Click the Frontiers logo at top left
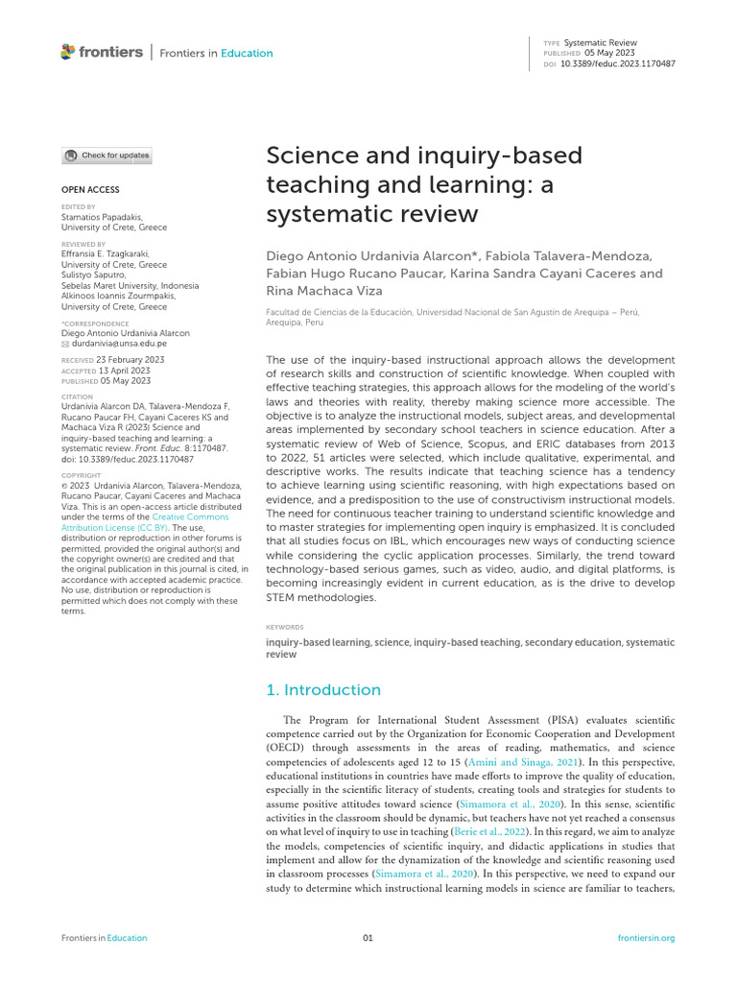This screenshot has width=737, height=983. pyautogui.click(x=101, y=52)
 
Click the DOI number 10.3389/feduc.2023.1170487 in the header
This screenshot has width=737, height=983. pyautogui.click(x=619, y=63)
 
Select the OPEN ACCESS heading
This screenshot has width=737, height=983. pyautogui.click(x=90, y=190)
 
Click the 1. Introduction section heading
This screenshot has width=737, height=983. pyautogui.click(x=322, y=690)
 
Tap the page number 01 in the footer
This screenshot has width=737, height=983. pyautogui.click(x=368, y=938)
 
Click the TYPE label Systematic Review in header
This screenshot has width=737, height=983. pyautogui.click(x=600, y=43)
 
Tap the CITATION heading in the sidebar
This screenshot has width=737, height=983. pyautogui.click(x=77, y=396)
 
